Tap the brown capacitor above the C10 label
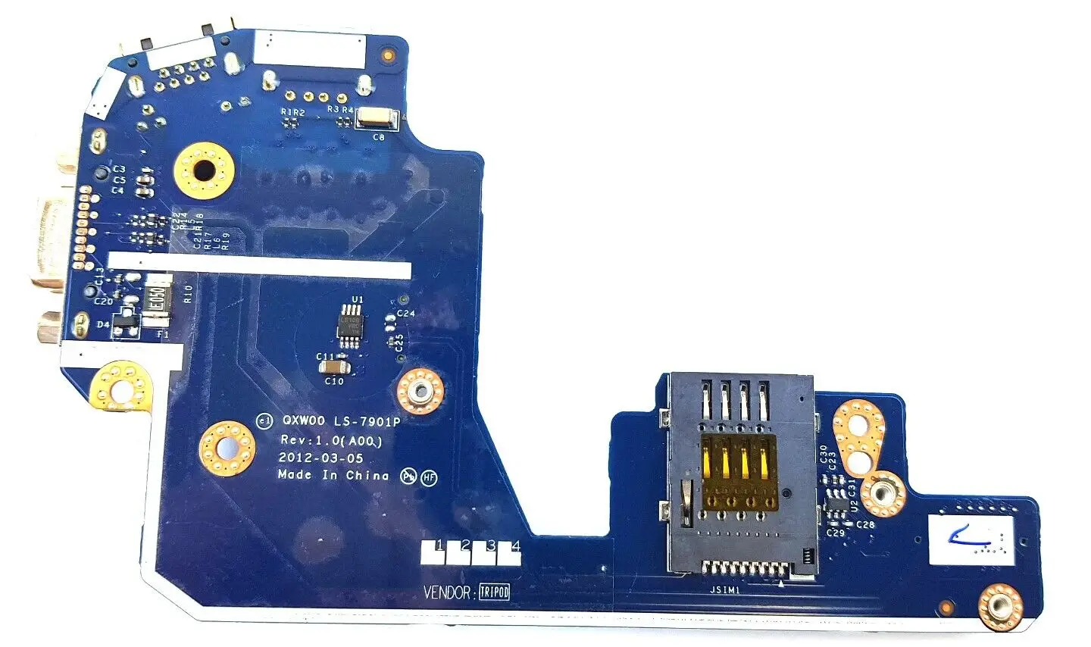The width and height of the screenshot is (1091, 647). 333,367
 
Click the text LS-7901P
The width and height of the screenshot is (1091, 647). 366,420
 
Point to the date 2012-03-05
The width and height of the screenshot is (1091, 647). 320,458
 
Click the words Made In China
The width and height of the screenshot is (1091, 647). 333,476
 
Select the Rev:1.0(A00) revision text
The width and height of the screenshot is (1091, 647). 331,440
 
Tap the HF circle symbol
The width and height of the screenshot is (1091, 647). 430,477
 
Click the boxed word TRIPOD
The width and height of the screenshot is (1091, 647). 494,592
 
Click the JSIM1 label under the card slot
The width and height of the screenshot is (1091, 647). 725,589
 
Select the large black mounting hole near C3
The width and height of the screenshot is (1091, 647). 202,171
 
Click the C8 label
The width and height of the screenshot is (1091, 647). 379,137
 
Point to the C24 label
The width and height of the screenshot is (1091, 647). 406,313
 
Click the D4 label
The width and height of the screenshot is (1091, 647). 103,324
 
